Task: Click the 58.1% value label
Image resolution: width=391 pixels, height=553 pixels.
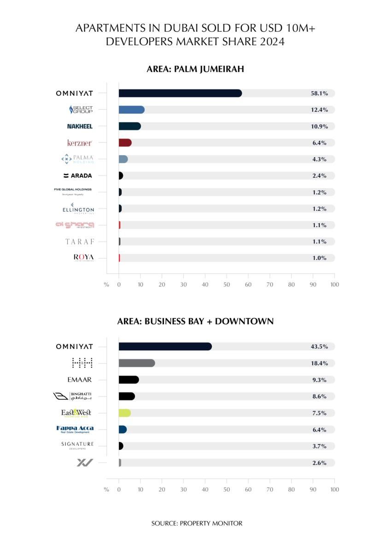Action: coord(319,93)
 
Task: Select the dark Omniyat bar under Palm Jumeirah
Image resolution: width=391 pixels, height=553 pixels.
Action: coord(180,93)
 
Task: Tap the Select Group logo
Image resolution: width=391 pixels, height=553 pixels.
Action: coord(81,110)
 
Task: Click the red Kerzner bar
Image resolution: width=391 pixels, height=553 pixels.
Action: coord(125,143)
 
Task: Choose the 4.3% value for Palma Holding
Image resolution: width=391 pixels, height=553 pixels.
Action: coord(319,159)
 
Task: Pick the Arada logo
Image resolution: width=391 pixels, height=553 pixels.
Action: coord(78,176)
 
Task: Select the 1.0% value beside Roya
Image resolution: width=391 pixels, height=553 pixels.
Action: coord(319,258)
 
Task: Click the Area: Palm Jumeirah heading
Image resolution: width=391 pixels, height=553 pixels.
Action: coord(195,70)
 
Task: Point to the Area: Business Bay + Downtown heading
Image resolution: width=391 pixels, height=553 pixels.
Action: coord(195,321)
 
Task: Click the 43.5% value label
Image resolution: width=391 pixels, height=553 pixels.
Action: coord(319,347)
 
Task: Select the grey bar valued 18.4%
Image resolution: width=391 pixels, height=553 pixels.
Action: coord(136,363)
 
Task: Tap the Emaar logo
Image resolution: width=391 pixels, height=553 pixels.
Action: coord(79,380)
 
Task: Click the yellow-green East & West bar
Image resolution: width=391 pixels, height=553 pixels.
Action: coord(124,413)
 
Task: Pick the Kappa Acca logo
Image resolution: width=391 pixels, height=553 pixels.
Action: coord(75,429)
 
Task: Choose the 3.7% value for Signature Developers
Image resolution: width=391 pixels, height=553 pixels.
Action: coord(319,446)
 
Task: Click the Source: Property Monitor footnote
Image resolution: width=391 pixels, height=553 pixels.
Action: coord(197,523)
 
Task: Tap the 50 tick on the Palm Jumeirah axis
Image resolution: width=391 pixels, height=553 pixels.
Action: coord(227,284)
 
